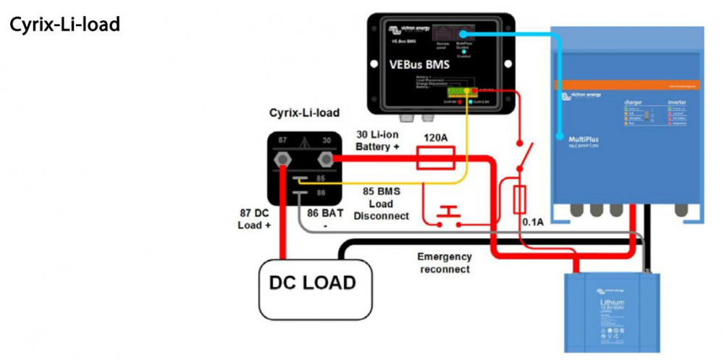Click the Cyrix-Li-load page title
coord(64,25)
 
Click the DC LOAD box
coord(313,282)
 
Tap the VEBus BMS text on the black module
coord(419,64)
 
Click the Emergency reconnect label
coord(445,263)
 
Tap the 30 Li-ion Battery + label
coord(378,141)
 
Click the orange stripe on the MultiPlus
coord(628,85)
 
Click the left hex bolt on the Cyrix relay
coord(279,159)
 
